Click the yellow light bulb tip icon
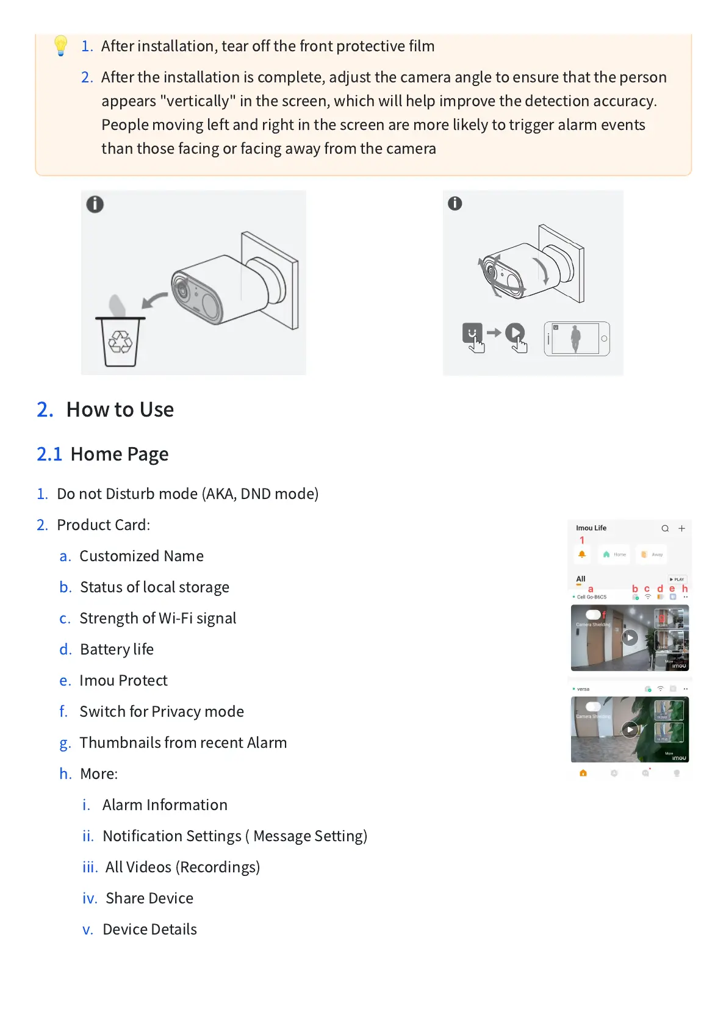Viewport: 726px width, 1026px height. coord(60,46)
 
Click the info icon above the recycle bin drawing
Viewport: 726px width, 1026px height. coord(95,204)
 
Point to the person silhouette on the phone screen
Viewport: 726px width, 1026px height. coord(575,339)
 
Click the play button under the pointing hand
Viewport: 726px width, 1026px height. coord(515,333)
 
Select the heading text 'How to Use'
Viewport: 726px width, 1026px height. coord(120,409)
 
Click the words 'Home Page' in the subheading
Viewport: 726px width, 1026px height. coord(120,454)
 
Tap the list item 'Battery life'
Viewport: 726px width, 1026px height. coord(117,649)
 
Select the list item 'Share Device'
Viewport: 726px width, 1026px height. coord(149,898)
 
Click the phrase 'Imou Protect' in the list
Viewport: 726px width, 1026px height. coord(123,680)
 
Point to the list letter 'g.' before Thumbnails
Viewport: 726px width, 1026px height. coord(65,743)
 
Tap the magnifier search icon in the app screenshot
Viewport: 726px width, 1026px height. coord(665,528)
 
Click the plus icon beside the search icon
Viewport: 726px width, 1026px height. coord(681,528)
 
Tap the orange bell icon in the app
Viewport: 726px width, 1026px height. coord(582,554)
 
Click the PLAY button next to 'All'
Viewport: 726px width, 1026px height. coord(677,579)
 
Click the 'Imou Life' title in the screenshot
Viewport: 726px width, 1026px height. coord(591,528)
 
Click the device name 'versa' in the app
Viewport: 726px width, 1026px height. coord(583,689)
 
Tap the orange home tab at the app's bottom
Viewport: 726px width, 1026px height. coord(583,773)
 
